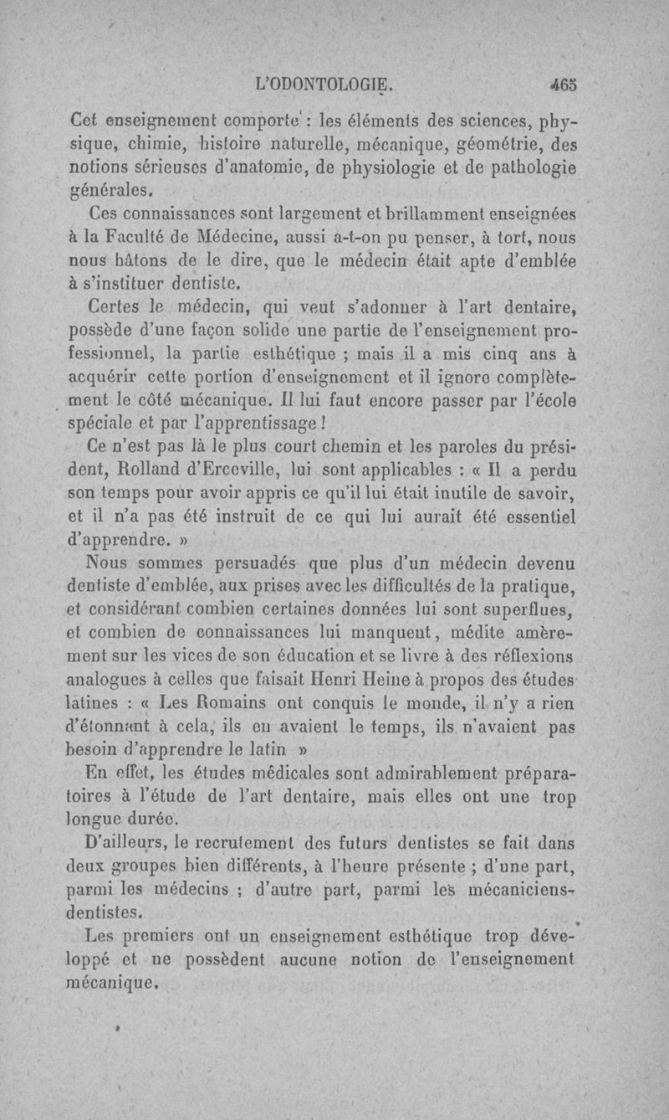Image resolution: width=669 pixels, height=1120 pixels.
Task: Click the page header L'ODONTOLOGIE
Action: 325,85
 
